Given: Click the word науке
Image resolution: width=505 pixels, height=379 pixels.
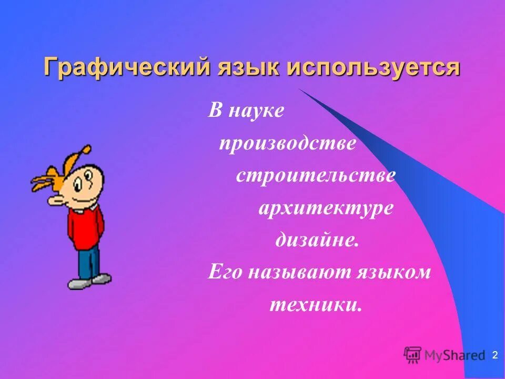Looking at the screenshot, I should (256, 112).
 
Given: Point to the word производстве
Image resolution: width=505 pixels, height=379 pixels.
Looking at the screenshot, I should (288, 144).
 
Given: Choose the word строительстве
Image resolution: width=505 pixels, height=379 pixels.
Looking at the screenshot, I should (316, 175).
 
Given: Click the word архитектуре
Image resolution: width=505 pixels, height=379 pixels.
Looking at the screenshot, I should (326, 208).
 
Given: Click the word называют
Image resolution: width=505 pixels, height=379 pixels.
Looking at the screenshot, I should (298, 272).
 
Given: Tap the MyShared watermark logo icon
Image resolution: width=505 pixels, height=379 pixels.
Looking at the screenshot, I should (413, 354).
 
